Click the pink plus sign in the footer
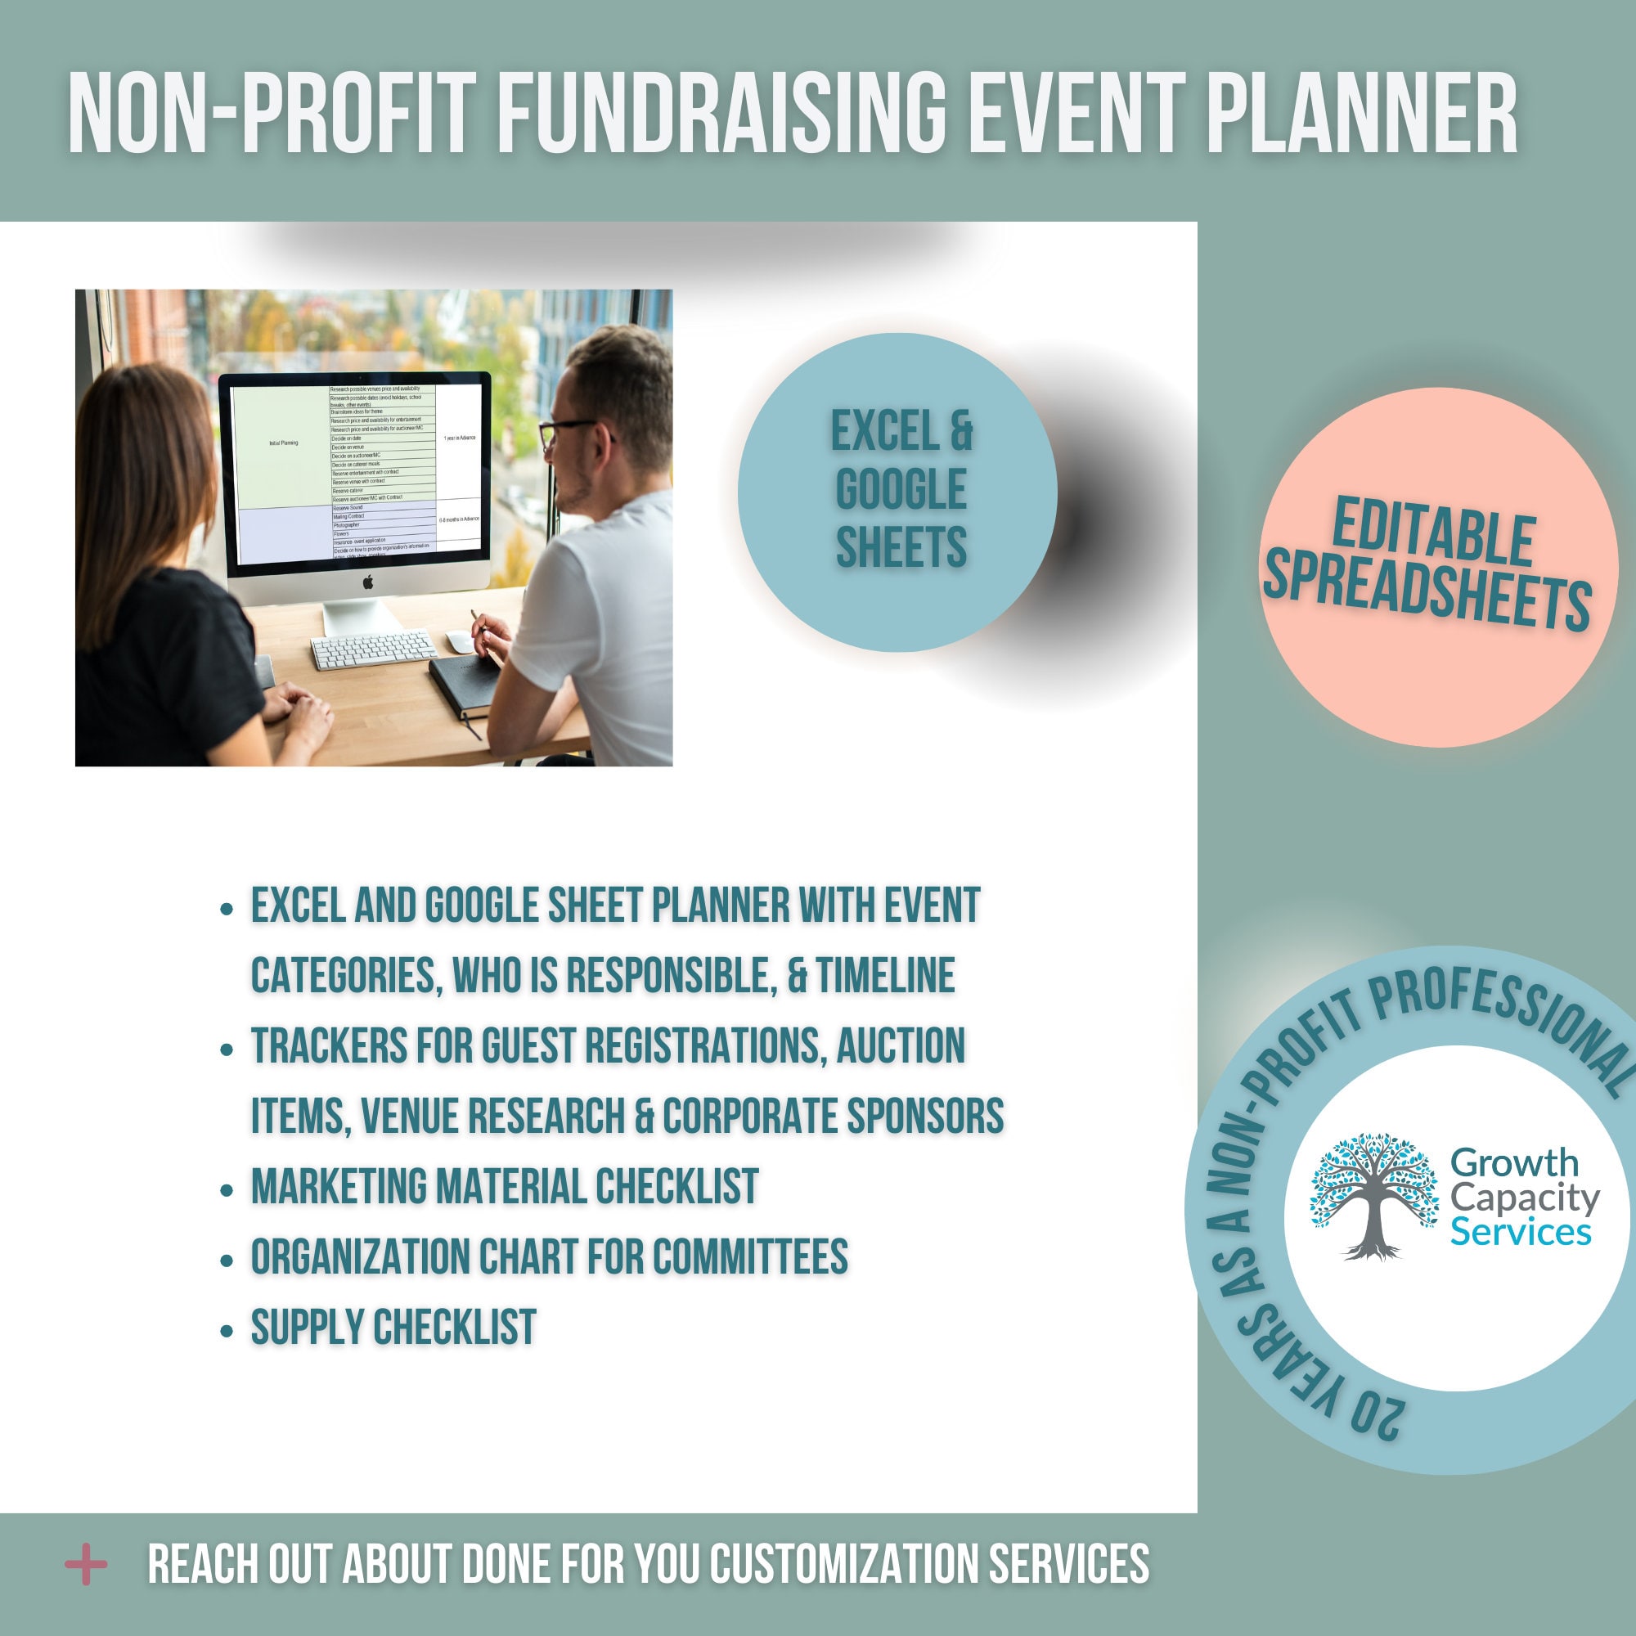(x=87, y=1563)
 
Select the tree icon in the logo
(x=1373, y=1196)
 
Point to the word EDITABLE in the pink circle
(x=1433, y=535)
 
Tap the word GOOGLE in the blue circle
(x=901, y=489)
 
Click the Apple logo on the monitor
(x=367, y=582)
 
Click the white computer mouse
(x=460, y=642)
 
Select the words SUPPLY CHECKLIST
(x=393, y=1326)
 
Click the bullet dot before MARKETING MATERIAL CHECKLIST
(x=226, y=1189)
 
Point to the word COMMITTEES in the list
(x=750, y=1256)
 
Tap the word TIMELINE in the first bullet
(x=886, y=975)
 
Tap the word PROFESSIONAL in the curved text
(x=1508, y=1020)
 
